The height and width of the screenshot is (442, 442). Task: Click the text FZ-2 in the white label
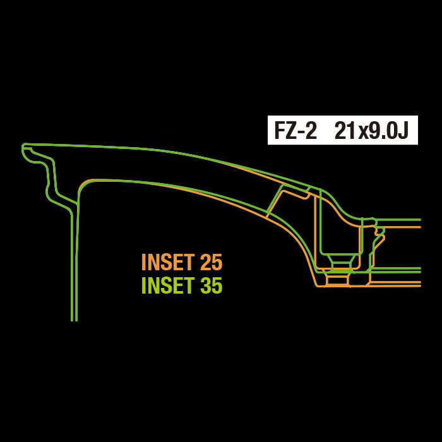point(296,131)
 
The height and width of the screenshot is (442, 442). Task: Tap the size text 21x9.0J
point(371,131)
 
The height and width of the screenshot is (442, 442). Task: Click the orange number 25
point(211,262)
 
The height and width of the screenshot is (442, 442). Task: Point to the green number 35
point(211,285)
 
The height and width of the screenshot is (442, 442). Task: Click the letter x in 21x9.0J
point(362,133)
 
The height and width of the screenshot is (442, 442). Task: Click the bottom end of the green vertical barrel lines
point(74,321)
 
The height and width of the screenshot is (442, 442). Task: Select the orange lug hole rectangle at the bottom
point(337,280)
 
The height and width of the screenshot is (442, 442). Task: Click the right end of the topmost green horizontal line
point(421,220)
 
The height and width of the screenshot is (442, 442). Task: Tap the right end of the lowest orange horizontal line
point(421,286)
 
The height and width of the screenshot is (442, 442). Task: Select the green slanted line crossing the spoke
point(275,198)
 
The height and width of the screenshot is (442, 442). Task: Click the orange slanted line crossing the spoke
point(275,203)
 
